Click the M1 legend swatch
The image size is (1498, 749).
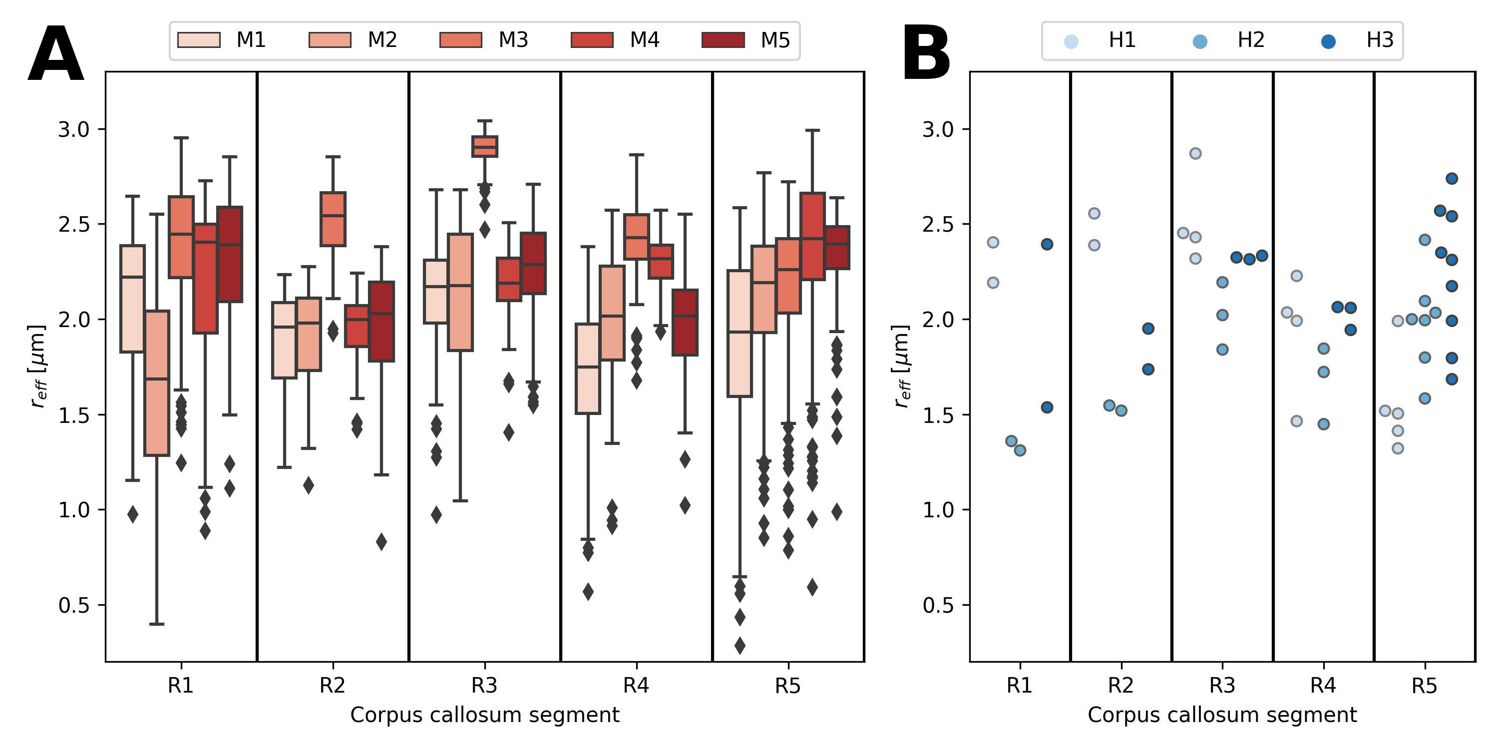coord(199,40)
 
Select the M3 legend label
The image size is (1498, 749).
coord(513,40)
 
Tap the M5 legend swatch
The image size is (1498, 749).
coord(723,40)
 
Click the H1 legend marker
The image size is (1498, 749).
coord(1071,41)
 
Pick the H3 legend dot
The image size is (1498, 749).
coord(1328,41)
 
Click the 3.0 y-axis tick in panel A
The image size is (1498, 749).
coord(73,129)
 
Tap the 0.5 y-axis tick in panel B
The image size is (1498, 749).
coord(938,605)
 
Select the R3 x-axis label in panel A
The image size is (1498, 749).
coord(484,686)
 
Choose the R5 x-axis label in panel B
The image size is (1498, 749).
coord(1424,686)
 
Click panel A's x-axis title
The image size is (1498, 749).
coord(484,715)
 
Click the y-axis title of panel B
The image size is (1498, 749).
coord(901,367)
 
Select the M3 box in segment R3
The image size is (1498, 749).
coord(484,146)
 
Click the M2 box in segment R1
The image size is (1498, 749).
coord(156,382)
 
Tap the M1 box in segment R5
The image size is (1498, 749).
coord(740,333)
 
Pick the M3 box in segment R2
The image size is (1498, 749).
coord(333,219)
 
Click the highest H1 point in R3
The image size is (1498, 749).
coord(1195,153)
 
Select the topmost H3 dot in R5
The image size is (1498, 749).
coord(1452,179)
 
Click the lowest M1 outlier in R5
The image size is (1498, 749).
coord(740,645)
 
